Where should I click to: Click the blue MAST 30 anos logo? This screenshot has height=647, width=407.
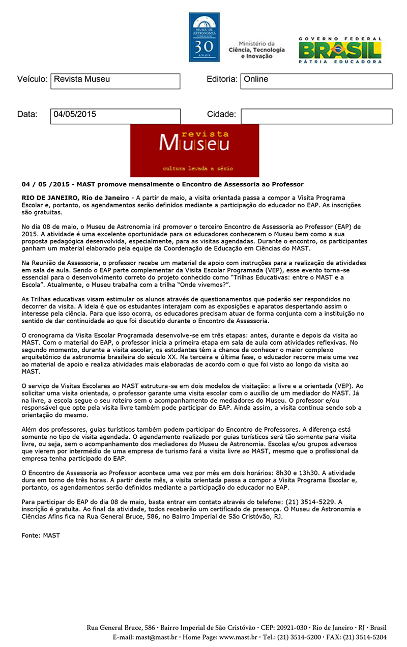pyautogui.click(x=204, y=37)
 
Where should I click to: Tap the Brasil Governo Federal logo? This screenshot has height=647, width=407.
pyautogui.click(x=340, y=50)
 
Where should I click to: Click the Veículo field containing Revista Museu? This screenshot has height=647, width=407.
pyautogui.click(x=115, y=81)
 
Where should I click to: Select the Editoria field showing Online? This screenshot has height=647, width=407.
pyautogui.click(x=316, y=81)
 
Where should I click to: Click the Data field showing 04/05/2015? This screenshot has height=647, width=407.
pyautogui.click(x=115, y=116)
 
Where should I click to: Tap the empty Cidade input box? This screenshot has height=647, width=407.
pyautogui.click(x=316, y=116)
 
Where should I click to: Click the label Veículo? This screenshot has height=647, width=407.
pyautogui.click(x=33, y=79)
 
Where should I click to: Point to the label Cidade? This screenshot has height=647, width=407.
pyautogui.click(x=221, y=115)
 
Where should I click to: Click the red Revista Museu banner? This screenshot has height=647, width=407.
pyautogui.click(x=195, y=150)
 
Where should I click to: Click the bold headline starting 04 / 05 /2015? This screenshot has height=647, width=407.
pyautogui.click(x=162, y=184)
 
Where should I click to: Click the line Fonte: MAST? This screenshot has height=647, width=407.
pyautogui.click(x=41, y=535)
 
